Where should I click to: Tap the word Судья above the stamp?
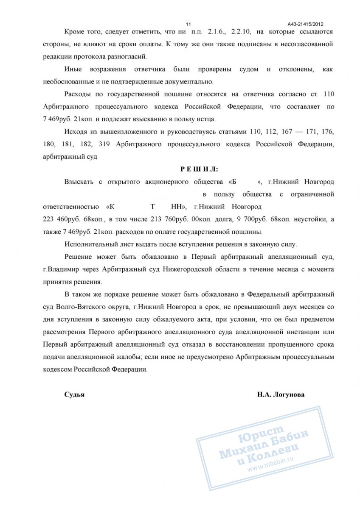pyautogui.click(x=74, y=394)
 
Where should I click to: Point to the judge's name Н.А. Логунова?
pyautogui.click(x=280, y=394)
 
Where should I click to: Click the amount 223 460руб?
pyautogui.click(x=60, y=219)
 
